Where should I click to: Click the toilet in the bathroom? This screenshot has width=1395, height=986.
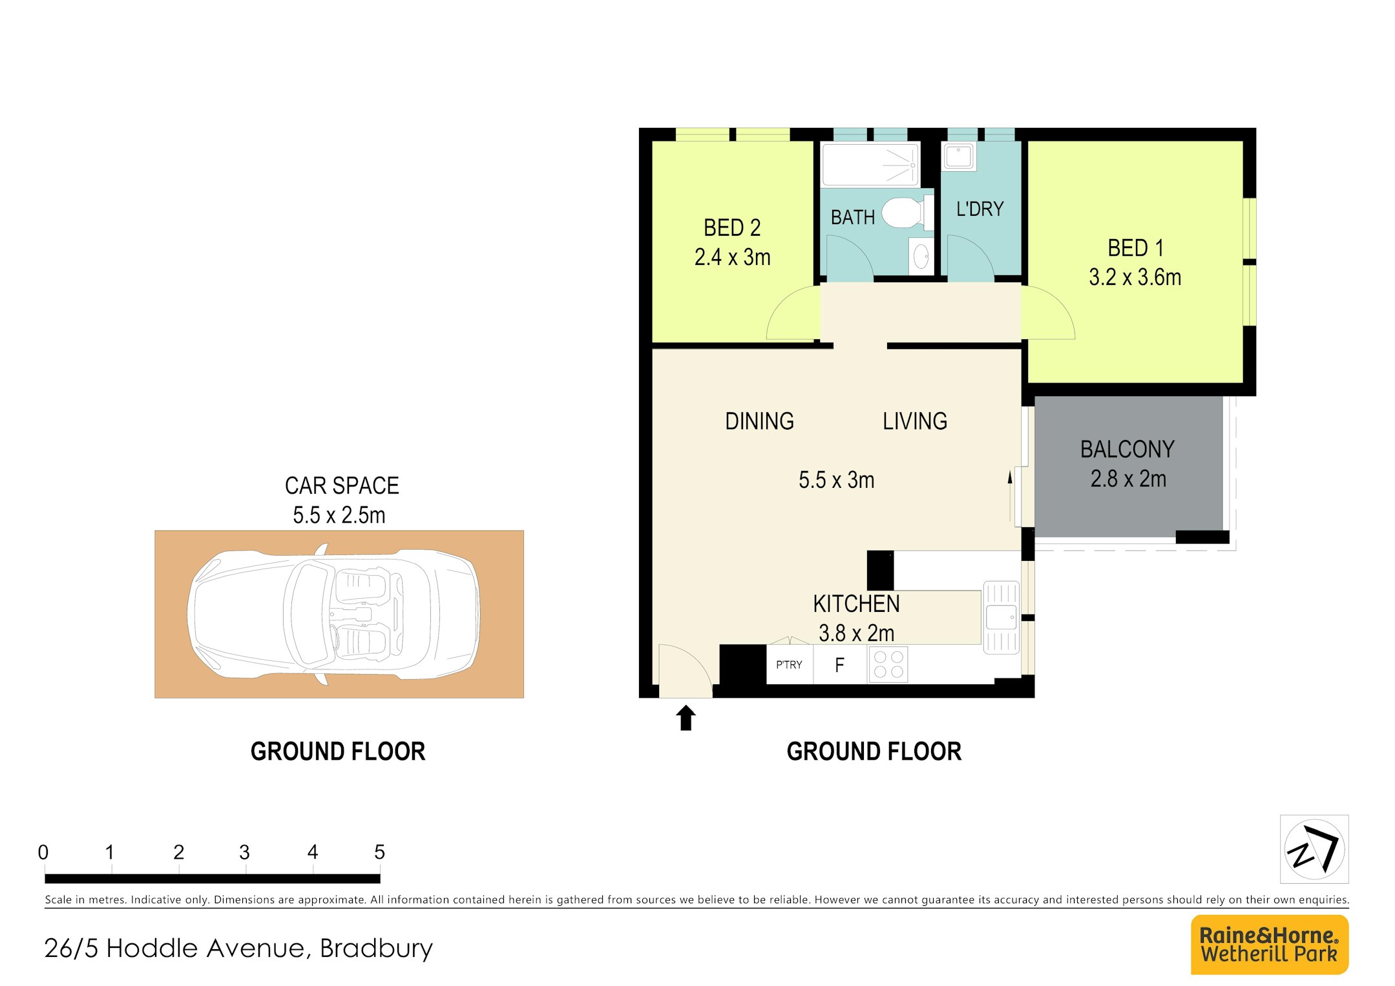point(907,213)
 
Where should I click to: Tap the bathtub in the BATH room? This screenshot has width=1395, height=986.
point(870,165)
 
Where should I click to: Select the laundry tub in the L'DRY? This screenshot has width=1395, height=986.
point(959,156)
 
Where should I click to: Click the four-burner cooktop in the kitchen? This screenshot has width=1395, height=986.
point(888,664)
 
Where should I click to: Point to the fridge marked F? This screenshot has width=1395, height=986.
point(839,665)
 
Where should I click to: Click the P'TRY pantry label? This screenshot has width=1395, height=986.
point(789,665)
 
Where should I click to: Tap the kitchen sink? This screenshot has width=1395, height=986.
point(1001,617)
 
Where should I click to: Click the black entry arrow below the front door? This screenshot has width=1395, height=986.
point(686,718)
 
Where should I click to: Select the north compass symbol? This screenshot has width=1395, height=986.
point(1314,848)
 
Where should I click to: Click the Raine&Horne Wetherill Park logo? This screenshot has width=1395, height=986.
point(1269,944)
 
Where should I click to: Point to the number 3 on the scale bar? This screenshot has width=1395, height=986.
point(244,852)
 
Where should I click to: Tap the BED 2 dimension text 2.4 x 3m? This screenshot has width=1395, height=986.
point(732,257)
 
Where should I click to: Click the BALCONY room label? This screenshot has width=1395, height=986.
point(1127,449)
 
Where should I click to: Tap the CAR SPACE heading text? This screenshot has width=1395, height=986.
point(342,485)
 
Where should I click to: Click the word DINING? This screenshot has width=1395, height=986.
point(759,421)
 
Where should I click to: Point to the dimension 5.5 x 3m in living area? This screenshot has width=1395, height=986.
point(836,480)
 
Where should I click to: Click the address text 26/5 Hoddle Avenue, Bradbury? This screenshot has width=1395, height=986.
point(238,948)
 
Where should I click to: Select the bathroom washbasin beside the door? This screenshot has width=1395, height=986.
point(921,256)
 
